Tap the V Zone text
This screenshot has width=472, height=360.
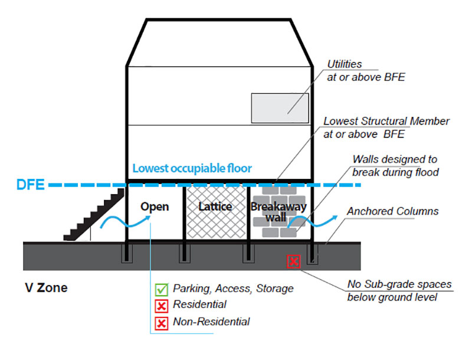pyautogui.click(x=45, y=288)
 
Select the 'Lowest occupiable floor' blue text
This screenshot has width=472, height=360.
pyautogui.click(x=192, y=168)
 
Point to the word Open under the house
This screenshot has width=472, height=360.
pyautogui.click(x=155, y=207)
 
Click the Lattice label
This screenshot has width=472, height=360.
pyautogui.click(x=215, y=207)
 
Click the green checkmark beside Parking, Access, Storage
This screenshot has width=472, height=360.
pyautogui.click(x=161, y=290)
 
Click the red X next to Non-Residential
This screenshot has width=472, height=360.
pyautogui.click(x=161, y=323)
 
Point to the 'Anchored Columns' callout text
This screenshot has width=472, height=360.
pyautogui.click(x=392, y=211)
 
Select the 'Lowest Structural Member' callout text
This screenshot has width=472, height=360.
pyautogui.click(x=386, y=127)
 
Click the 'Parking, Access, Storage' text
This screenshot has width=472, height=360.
pyautogui.click(x=233, y=289)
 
